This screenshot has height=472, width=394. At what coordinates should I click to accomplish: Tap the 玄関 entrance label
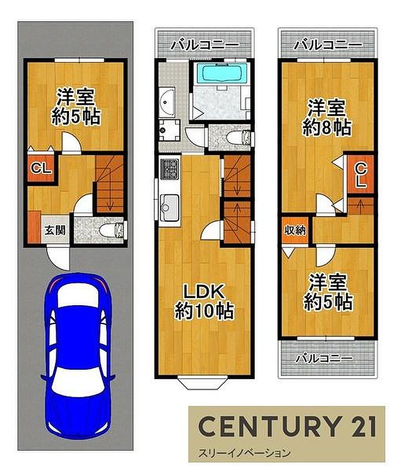pyautogui.click(x=55, y=230)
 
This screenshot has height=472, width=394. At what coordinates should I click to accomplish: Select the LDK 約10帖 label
pyautogui.click(x=204, y=301)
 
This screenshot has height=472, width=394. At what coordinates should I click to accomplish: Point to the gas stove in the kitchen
pyautogui.click(x=170, y=169)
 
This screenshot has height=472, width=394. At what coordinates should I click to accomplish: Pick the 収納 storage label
pyautogui.click(x=295, y=230)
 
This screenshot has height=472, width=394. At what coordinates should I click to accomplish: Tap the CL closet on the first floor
pyautogui.click(x=41, y=168)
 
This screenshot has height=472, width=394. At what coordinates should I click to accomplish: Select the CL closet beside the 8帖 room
pyautogui.click(x=361, y=175)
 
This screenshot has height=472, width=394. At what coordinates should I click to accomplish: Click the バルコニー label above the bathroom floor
pyautogui.click(x=204, y=45)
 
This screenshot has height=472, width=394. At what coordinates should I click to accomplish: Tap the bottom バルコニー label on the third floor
pyautogui.click(x=324, y=358)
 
